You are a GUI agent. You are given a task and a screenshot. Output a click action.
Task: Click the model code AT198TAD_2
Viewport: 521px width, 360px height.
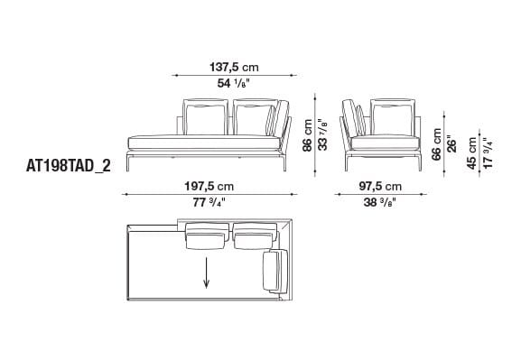(68, 166)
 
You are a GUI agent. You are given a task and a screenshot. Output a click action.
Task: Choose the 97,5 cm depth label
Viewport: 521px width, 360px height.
(380, 186)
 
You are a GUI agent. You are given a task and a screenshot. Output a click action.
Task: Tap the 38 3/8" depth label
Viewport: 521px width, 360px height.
(380, 203)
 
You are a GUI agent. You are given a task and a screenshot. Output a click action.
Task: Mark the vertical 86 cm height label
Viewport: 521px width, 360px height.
(307, 135)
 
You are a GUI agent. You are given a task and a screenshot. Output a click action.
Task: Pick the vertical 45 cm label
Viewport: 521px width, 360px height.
(471, 153)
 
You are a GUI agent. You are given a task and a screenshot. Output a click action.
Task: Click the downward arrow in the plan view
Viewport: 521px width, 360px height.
(208, 272)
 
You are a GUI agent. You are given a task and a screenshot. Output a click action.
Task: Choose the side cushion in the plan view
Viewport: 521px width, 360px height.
(274, 271)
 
